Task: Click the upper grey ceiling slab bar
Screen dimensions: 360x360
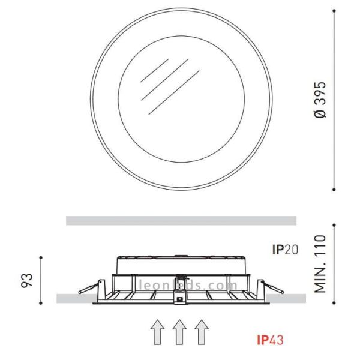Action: [x=181, y=220]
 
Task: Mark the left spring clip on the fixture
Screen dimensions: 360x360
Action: [x=88, y=289]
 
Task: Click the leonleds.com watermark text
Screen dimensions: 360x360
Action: [x=181, y=286]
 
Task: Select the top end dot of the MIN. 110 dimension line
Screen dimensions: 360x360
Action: [x=334, y=226]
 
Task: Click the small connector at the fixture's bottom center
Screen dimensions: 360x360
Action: [x=179, y=298]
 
